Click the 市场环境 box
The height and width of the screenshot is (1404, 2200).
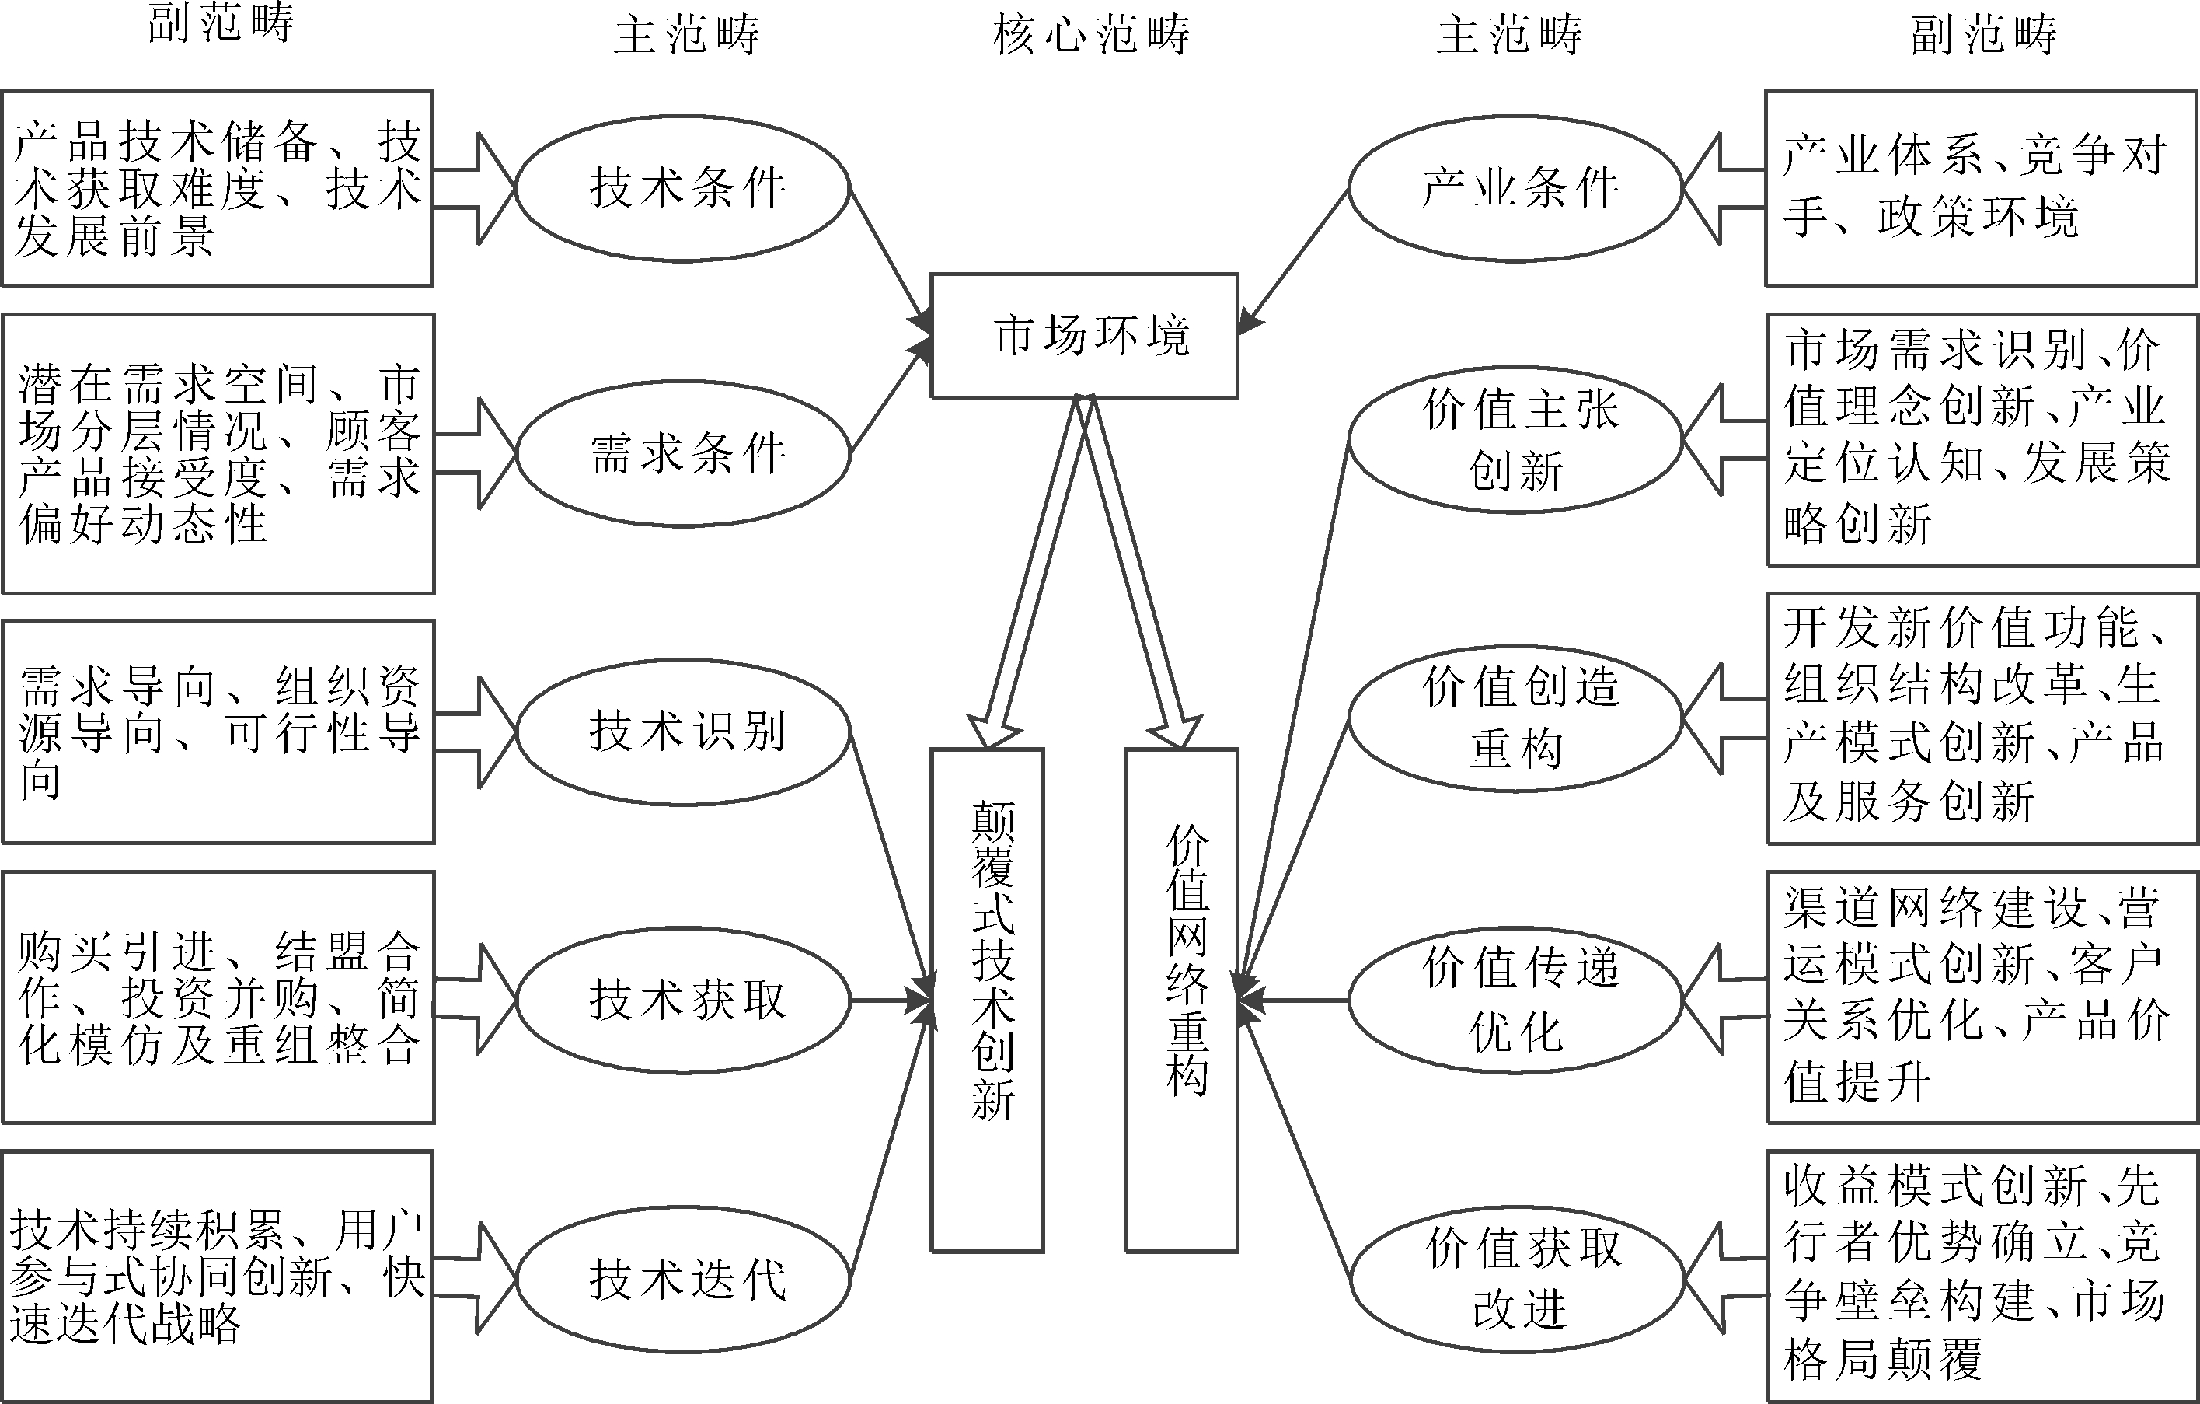click(x=1085, y=336)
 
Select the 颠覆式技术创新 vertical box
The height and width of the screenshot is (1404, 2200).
click(x=987, y=1000)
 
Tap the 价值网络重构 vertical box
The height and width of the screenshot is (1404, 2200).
click(x=1181, y=1000)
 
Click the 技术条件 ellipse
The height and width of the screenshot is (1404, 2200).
click(x=683, y=188)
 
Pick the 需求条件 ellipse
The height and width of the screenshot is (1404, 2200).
click(x=683, y=453)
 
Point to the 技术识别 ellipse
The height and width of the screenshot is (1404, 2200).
click(x=683, y=732)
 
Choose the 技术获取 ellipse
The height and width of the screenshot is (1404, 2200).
click(x=683, y=1000)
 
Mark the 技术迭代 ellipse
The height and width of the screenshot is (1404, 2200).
click(x=683, y=1278)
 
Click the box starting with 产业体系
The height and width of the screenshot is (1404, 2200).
click(x=1981, y=188)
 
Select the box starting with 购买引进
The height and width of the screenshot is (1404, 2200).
click(x=218, y=997)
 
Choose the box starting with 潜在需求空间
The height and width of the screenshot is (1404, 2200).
click(x=218, y=453)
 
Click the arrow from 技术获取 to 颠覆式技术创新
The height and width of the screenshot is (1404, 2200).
click(x=891, y=1001)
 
